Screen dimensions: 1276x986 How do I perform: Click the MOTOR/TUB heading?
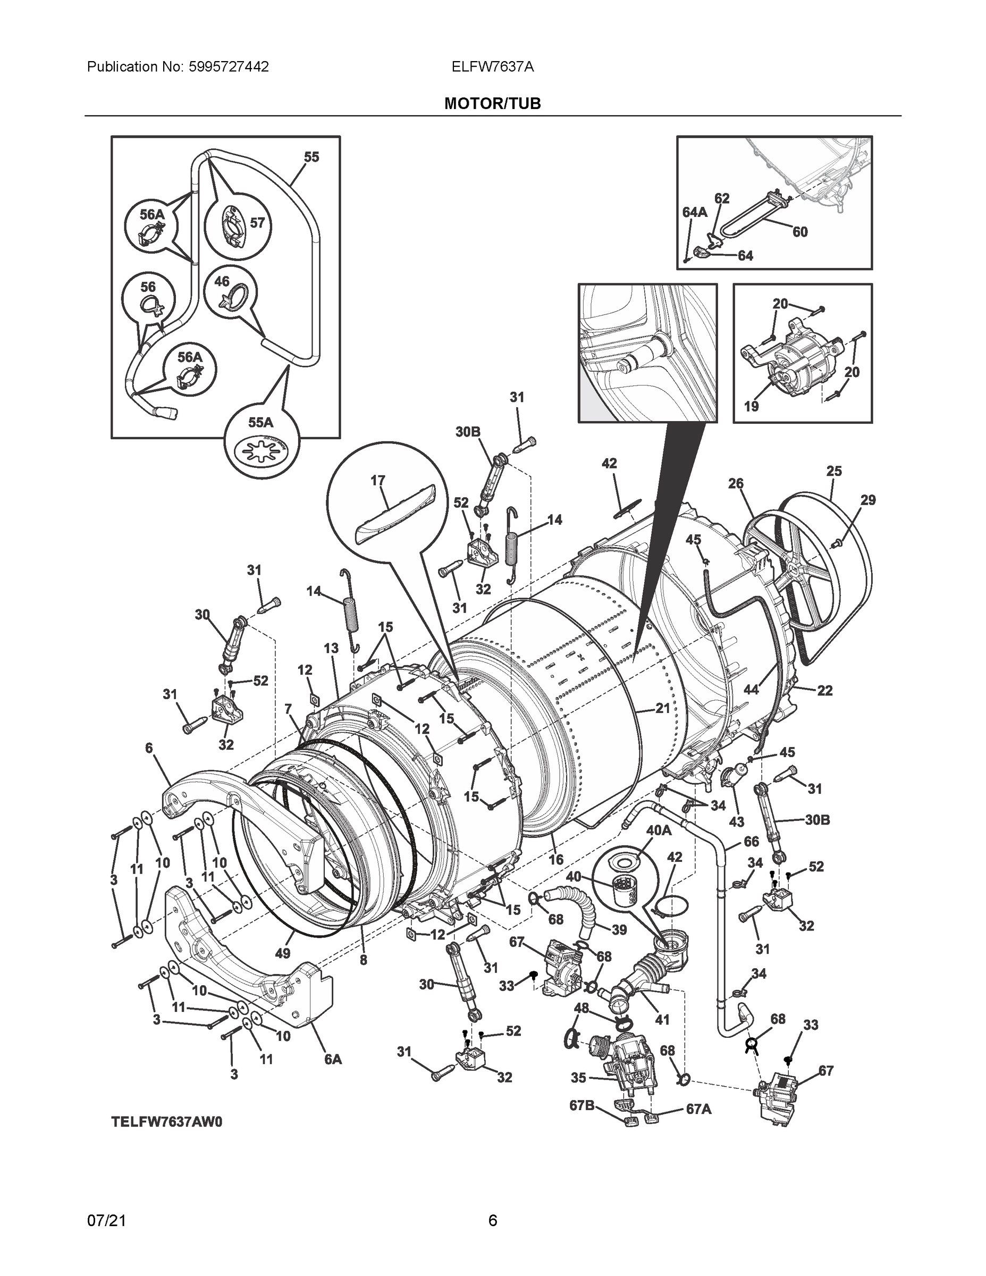point(492,104)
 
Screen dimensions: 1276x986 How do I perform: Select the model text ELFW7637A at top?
point(492,67)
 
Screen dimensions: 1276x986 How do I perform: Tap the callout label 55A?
point(260,422)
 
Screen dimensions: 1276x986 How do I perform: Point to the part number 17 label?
point(377,480)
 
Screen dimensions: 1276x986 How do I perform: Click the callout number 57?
point(257,223)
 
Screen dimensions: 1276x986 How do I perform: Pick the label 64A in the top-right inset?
point(695,212)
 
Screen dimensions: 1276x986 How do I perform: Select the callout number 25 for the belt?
point(833,471)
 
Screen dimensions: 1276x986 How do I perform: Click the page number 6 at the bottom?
point(492,1220)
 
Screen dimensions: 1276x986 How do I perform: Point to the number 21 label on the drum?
point(662,709)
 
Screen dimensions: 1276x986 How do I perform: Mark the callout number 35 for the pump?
point(578,1077)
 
